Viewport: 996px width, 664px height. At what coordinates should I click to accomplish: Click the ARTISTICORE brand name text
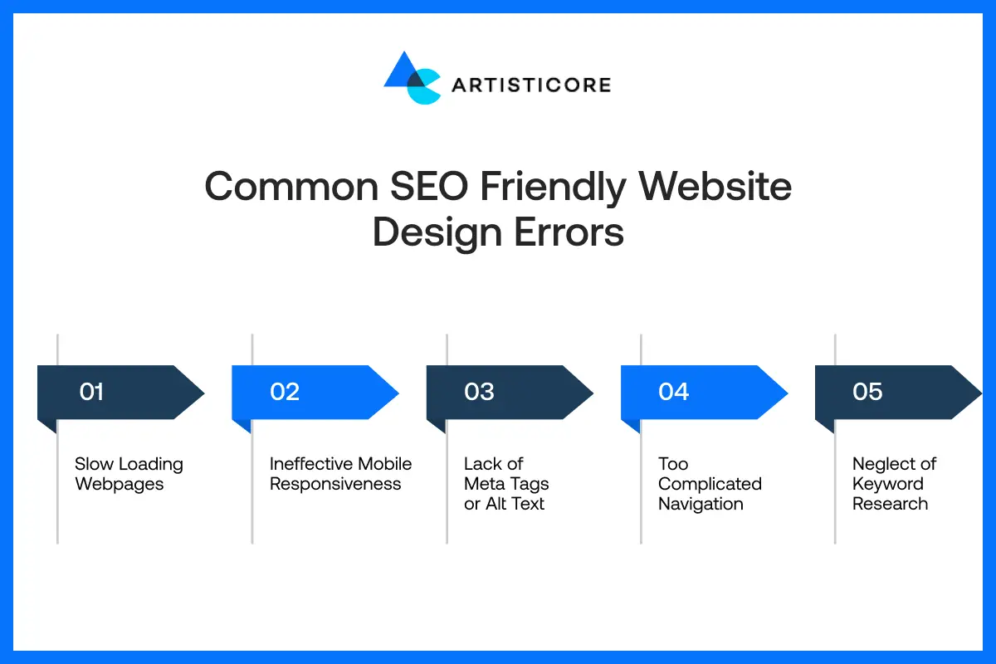(531, 85)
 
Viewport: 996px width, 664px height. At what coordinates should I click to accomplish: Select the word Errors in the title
(569, 232)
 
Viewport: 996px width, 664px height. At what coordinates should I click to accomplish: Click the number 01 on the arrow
(91, 392)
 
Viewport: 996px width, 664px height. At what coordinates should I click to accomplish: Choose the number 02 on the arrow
(285, 392)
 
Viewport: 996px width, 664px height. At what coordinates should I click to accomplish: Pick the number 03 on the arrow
(479, 392)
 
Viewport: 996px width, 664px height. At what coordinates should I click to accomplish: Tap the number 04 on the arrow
(673, 392)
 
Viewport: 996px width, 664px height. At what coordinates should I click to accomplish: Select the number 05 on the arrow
(867, 392)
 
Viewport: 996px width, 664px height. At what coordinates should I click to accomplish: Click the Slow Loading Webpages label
(129, 474)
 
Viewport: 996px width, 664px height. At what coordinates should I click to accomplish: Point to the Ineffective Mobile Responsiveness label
(340, 474)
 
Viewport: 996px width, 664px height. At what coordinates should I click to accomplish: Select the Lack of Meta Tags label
(505, 484)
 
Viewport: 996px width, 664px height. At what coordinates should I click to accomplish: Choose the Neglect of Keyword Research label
(894, 484)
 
